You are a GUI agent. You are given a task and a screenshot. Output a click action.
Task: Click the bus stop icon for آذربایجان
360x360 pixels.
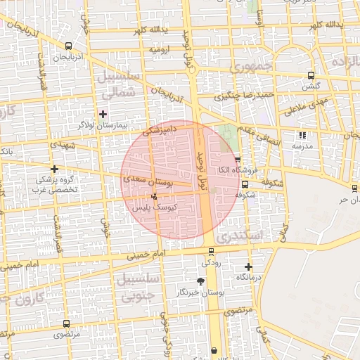click(67, 46)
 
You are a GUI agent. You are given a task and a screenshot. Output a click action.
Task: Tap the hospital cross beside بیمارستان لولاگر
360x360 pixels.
click(103, 114)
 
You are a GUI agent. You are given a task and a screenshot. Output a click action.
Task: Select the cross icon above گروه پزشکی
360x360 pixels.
click(54, 169)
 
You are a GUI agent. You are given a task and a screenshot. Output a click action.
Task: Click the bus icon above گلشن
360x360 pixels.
click(311, 76)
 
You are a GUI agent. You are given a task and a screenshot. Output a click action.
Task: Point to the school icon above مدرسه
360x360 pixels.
click(302, 136)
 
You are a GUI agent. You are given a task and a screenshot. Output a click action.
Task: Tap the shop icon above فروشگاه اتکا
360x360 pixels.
click(238, 160)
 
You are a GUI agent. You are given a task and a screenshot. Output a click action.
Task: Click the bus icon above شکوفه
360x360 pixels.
click(245, 184)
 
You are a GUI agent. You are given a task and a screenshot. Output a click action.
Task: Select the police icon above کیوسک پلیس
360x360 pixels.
click(154, 196)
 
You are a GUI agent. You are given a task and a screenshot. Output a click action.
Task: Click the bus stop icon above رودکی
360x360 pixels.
click(211, 252)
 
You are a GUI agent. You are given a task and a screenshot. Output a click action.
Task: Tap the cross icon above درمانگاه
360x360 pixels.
click(248, 266)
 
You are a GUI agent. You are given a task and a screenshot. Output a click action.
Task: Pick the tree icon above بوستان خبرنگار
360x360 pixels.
click(201, 281)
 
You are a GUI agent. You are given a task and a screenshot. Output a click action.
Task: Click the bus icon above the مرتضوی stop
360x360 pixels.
click(66, 324)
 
